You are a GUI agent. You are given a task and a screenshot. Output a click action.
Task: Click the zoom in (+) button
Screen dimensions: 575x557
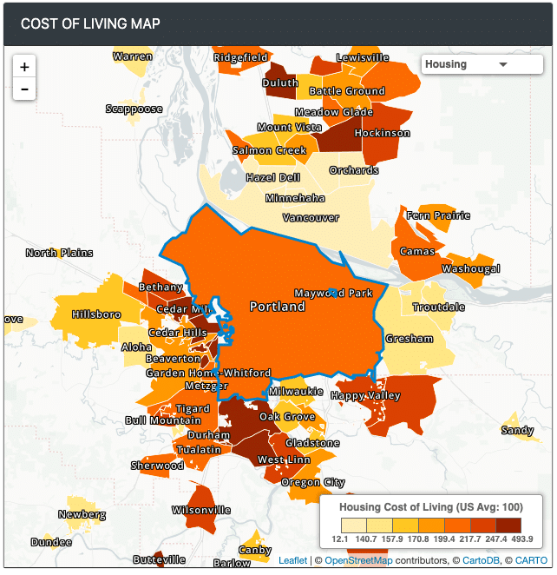pyautogui.click(x=24, y=67)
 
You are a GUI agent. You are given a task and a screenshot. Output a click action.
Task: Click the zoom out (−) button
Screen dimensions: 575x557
pyautogui.click(x=24, y=89)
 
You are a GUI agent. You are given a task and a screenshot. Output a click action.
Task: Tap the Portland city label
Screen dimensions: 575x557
pyautogui.click(x=278, y=307)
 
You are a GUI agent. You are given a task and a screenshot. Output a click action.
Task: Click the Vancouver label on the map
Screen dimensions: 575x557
pyautogui.click(x=311, y=217)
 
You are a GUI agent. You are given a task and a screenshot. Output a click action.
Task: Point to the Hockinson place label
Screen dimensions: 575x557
pyautogui.click(x=382, y=133)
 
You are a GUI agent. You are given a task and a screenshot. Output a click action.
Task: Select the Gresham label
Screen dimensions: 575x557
pyautogui.click(x=409, y=339)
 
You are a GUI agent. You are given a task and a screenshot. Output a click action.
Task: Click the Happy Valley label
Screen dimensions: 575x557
pyautogui.click(x=366, y=396)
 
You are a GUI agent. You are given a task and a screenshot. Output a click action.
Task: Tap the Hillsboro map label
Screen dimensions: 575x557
pyautogui.click(x=96, y=314)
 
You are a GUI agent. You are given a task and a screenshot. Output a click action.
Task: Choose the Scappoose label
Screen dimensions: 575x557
pyautogui.click(x=134, y=109)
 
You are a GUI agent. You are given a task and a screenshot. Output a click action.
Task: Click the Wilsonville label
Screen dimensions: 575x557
pyautogui.click(x=201, y=510)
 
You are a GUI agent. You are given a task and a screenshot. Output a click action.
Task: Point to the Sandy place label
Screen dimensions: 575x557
pyautogui.click(x=517, y=430)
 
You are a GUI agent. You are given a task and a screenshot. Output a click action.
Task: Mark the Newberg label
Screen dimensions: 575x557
pyautogui.click(x=82, y=514)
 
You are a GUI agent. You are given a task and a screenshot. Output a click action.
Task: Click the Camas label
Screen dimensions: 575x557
pyautogui.click(x=417, y=251)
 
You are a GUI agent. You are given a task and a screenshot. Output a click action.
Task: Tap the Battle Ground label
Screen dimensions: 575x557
pyautogui.click(x=347, y=90)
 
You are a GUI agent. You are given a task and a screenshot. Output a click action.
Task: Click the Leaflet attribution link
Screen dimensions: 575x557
pyautogui.click(x=292, y=561)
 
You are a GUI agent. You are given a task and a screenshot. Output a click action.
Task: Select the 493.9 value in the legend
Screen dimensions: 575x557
pyautogui.click(x=521, y=539)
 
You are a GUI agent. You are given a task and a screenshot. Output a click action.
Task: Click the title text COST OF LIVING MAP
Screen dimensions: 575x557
pyautogui.click(x=90, y=23)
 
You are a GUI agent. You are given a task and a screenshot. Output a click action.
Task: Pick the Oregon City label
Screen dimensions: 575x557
pyautogui.click(x=313, y=482)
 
